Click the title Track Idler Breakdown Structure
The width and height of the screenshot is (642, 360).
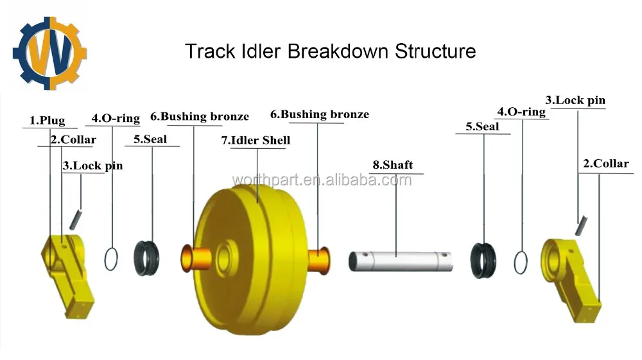click(x=330, y=51)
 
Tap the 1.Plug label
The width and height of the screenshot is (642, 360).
click(x=48, y=120)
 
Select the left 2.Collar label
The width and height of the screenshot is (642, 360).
click(x=74, y=139)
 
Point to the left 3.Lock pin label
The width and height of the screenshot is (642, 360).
click(x=92, y=166)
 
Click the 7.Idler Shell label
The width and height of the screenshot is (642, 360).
click(x=256, y=140)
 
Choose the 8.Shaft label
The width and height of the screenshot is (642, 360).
click(x=392, y=165)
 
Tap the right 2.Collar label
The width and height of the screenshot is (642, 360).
click(x=605, y=164)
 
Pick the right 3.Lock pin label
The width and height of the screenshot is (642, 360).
click(x=575, y=100)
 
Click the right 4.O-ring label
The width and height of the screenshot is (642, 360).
click(x=522, y=112)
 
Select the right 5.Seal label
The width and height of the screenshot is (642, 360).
click(x=482, y=126)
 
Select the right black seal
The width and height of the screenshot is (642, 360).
click(x=485, y=261)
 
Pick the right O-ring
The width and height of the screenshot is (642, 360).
click(x=521, y=262)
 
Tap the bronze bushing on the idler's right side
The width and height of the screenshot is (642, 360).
click(x=320, y=260)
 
